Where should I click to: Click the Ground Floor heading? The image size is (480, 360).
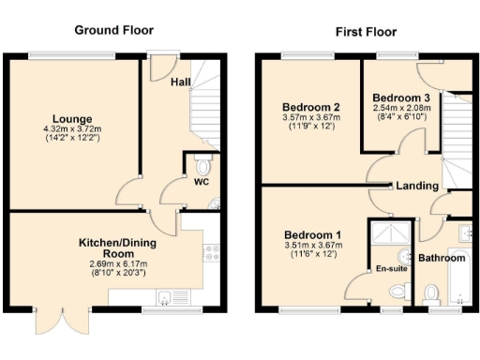117,30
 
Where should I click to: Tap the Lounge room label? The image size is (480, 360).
72,119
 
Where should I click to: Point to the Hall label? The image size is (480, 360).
182,82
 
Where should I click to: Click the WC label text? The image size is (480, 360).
201,182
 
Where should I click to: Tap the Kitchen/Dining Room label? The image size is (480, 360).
117,248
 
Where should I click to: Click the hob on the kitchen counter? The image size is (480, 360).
211,250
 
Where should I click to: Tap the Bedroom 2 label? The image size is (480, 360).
308,106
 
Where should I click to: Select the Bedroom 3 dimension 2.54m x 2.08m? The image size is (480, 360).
400,108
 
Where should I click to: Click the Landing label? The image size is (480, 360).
417,186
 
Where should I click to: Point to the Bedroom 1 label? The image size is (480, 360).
312,233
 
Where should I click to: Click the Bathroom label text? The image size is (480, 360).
442,258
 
